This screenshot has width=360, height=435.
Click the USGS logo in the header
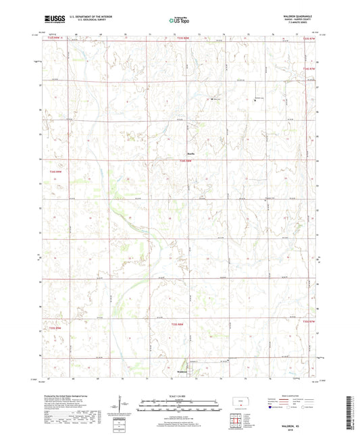53,20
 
